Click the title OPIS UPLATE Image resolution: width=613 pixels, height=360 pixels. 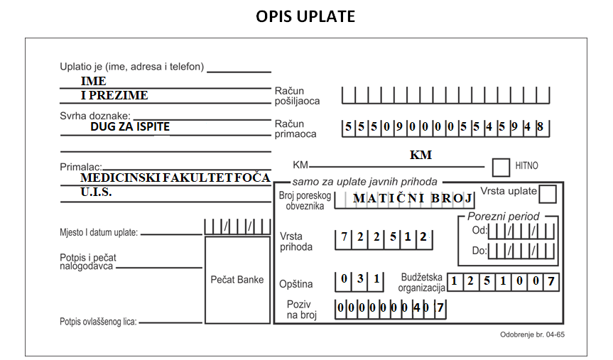coord(305,16)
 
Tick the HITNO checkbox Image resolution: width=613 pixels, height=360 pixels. coord(501,168)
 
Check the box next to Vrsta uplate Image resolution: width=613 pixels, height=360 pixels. coord(548,194)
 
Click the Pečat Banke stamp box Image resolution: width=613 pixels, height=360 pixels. coord(237,280)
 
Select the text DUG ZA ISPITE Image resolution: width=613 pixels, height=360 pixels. coord(130,126)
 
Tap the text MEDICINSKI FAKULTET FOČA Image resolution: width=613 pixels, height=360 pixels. coord(175,178)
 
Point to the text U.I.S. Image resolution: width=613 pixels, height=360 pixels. coord(96,192)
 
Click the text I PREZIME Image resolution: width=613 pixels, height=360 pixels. coord(114,95)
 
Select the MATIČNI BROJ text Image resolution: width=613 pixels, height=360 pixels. coord(413,199)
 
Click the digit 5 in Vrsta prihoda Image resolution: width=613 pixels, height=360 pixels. coord(393,236)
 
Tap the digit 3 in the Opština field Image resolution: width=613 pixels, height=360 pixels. coord(360,278)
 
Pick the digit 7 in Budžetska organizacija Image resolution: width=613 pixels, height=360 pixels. coord(550,281)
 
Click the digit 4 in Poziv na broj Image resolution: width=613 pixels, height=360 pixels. coord(417,308)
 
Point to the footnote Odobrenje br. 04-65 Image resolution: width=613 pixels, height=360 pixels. coord(532,334)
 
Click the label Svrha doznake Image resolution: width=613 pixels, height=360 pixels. coord(95,116)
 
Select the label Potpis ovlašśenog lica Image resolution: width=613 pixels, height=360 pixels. coord(98,322)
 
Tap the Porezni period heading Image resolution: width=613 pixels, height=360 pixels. coord(503,216)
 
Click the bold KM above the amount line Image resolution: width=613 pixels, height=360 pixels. coord(421,155)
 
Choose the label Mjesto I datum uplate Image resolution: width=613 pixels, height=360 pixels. coord(99,233)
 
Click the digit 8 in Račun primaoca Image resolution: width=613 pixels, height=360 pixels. coord(541,126)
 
